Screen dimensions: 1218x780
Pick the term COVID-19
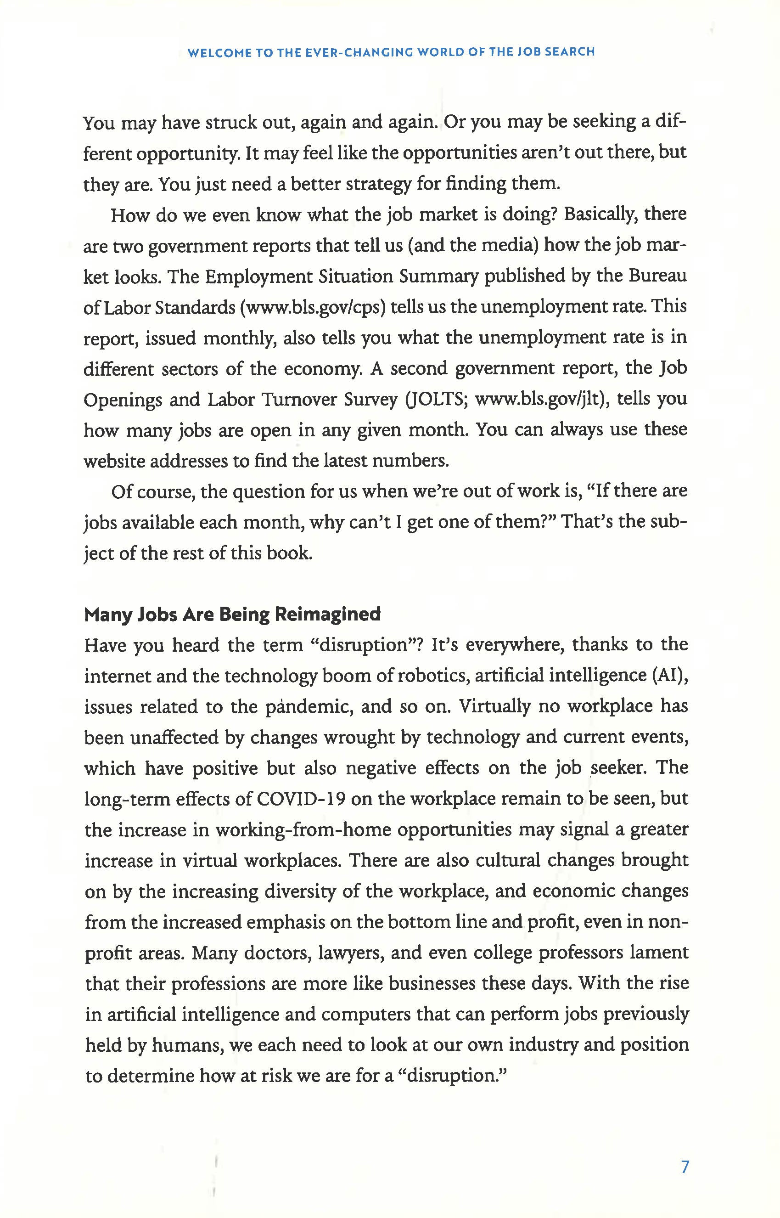coord(301,799)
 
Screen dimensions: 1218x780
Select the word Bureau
coord(657,276)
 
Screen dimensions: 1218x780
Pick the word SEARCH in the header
coord(569,52)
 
